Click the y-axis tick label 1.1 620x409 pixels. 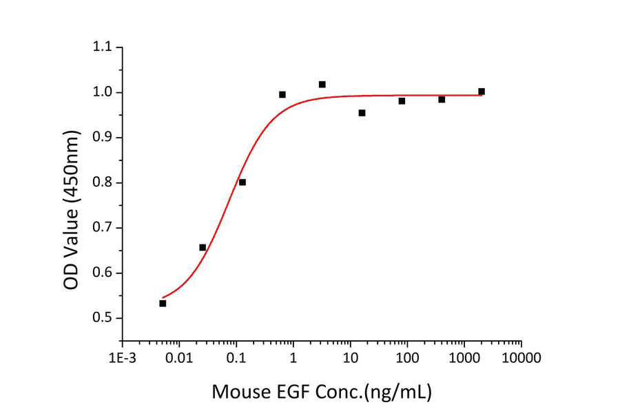102,48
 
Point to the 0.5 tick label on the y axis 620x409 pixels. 102,318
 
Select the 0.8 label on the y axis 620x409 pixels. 102,182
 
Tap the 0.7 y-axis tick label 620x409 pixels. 102,228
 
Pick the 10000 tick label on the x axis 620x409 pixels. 521,358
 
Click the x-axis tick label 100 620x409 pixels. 407,358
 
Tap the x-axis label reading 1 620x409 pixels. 293,358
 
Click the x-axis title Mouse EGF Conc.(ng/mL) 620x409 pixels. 321,392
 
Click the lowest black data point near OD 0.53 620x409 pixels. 163,303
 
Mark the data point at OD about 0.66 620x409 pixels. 203,247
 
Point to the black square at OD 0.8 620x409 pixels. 242,182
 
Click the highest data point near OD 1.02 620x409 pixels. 322,84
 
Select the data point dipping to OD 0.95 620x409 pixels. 362,113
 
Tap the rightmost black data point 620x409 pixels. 482,92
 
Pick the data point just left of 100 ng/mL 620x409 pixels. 402,101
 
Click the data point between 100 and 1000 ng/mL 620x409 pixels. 442,100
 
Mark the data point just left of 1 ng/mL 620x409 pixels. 282,94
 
